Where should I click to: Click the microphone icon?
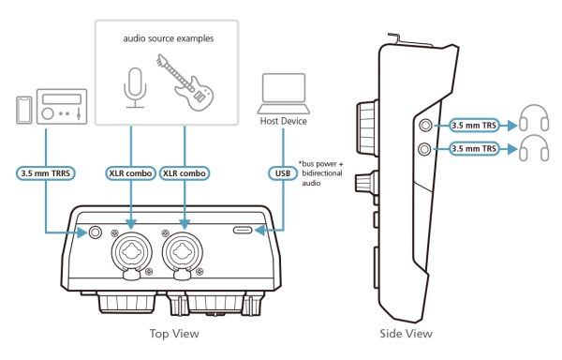tap(135, 88)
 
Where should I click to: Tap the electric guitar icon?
tap(186, 83)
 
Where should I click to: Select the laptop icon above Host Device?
tap(284, 94)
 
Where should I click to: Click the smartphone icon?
tap(24, 110)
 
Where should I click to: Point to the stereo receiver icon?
tap(62, 107)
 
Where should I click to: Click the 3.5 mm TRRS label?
tap(46, 173)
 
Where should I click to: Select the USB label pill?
tap(283, 173)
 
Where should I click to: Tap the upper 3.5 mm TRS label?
tap(474, 126)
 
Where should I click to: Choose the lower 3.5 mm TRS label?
tap(474, 148)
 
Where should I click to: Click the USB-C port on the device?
tap(243, 230)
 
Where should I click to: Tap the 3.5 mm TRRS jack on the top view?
tap(95, 232)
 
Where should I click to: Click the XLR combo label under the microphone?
tap(130, 173)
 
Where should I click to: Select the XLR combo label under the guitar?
tap(185, 173)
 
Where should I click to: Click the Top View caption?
tap(174, 334)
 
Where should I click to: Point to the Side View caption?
tap(407, 334)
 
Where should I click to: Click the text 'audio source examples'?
tap(169, 38)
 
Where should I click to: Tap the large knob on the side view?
tap(367, 128)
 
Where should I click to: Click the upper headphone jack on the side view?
tap(425, 125)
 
